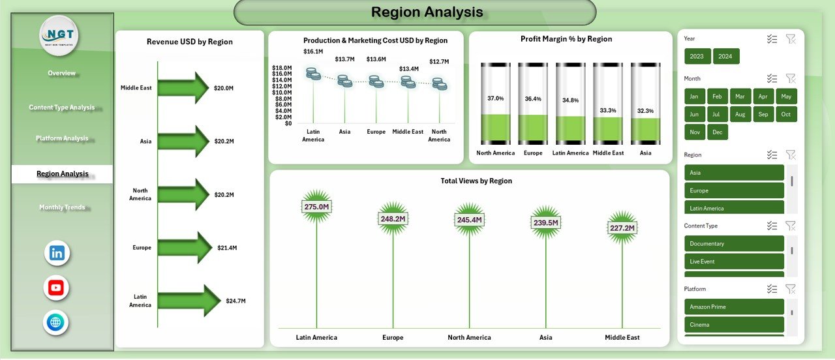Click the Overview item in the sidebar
point(62,73)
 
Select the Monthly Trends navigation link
point(62,207)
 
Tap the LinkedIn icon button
point(57,253)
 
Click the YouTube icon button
point(56,288)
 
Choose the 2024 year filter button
point(725,56)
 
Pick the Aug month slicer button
point(740,114)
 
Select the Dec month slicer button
point(717,132)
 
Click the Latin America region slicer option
point(733,208)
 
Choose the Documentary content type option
point(733,244)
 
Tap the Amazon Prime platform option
point(733,307)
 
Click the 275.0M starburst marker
point(316,207)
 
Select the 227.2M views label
point(622,228)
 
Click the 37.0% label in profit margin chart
point(495,98)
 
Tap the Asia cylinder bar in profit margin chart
point(645,104)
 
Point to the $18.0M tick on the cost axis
point(282,68)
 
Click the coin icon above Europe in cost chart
point(376,82)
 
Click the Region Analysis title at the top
point(427,12)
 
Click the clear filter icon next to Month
point(791,79)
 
